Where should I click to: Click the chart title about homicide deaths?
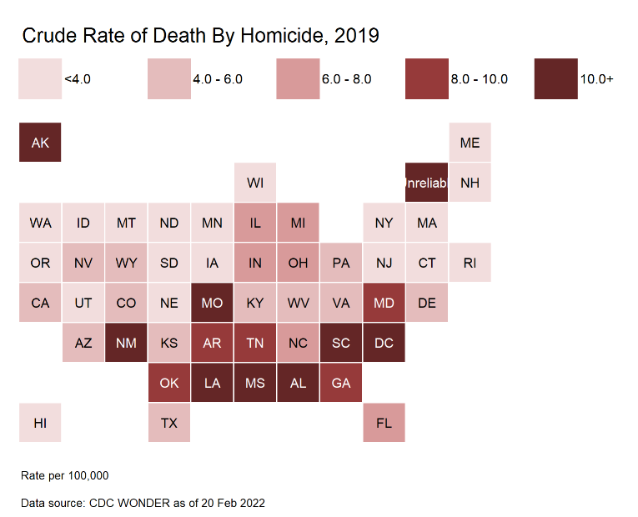200,35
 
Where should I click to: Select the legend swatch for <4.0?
39,79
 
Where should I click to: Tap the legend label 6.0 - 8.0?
346,79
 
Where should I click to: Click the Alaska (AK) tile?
40,143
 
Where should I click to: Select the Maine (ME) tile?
470,143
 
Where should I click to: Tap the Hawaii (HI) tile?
40,423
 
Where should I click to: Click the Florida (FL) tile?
384,423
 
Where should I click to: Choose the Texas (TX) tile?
169,423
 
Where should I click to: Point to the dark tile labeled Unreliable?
427,183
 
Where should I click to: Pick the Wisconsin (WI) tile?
255,183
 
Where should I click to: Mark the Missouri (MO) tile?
212,303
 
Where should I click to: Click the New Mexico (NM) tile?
126,343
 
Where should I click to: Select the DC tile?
384,343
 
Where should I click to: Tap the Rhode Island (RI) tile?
470,263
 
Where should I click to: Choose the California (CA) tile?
40,303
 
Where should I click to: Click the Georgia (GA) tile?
341,383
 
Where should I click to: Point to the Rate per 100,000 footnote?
65,475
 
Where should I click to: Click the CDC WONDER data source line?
143,503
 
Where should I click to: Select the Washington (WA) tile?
40,223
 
